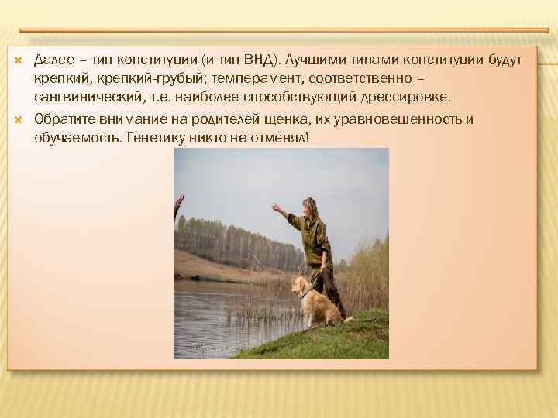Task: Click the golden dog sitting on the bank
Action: point(314,302)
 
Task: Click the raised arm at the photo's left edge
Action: point(178,209)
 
